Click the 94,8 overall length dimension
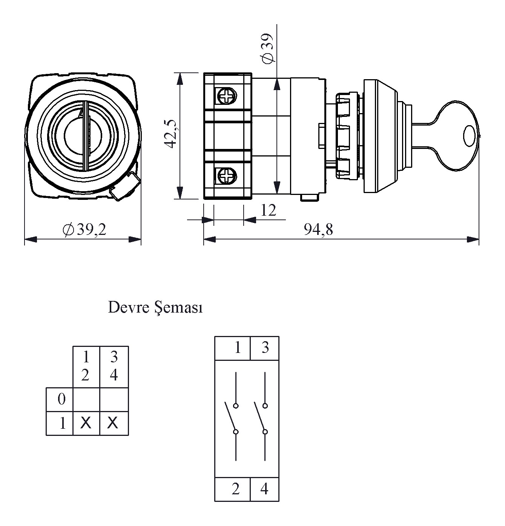(x=318, y=229)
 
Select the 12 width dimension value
(x=268, y=210)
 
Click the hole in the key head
(x=469, y=136)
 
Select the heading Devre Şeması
(x=155, y=308)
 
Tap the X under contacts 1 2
(x=86, y=423)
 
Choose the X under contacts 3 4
(x=113, y=423)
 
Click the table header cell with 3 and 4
(x=114, y=366)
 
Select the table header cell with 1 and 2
(x=86, y=366)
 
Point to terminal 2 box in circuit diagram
(x=233, y=489)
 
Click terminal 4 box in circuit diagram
(x=264, y=489)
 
